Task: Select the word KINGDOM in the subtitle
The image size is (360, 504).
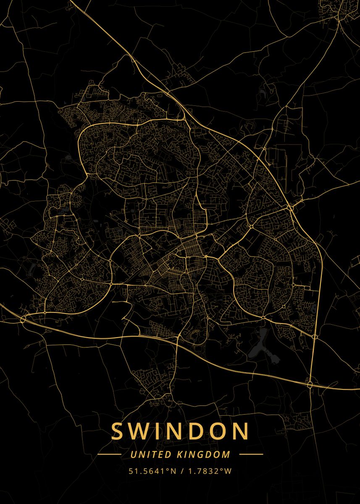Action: [205, 454]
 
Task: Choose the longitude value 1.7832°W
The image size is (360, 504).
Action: [208, 471]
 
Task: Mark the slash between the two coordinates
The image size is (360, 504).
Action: [181, 471]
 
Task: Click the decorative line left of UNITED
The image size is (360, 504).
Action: [109, 454]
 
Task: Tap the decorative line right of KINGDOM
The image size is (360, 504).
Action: [251, 454]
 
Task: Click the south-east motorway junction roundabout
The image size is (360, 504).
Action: [310, 384]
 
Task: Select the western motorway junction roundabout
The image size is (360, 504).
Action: [23, 320]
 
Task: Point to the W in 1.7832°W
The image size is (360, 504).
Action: [228, 471]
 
